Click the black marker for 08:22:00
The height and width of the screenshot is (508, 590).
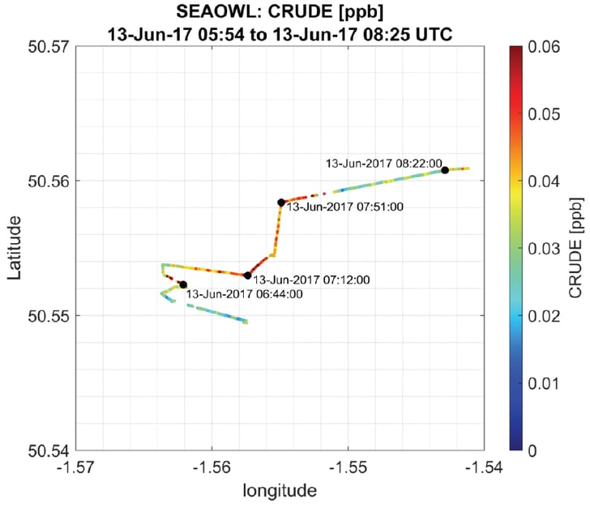pos(445,170)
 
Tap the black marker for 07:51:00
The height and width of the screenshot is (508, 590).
pos(281,203)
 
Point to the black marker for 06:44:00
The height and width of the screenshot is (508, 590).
pos(183,284)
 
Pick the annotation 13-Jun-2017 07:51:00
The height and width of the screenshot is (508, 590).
pos(346,207)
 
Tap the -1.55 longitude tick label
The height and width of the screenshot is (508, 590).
pos(348,467)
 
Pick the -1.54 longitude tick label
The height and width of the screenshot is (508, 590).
pos(484,467)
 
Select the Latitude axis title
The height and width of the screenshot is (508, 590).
pos(15,247)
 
